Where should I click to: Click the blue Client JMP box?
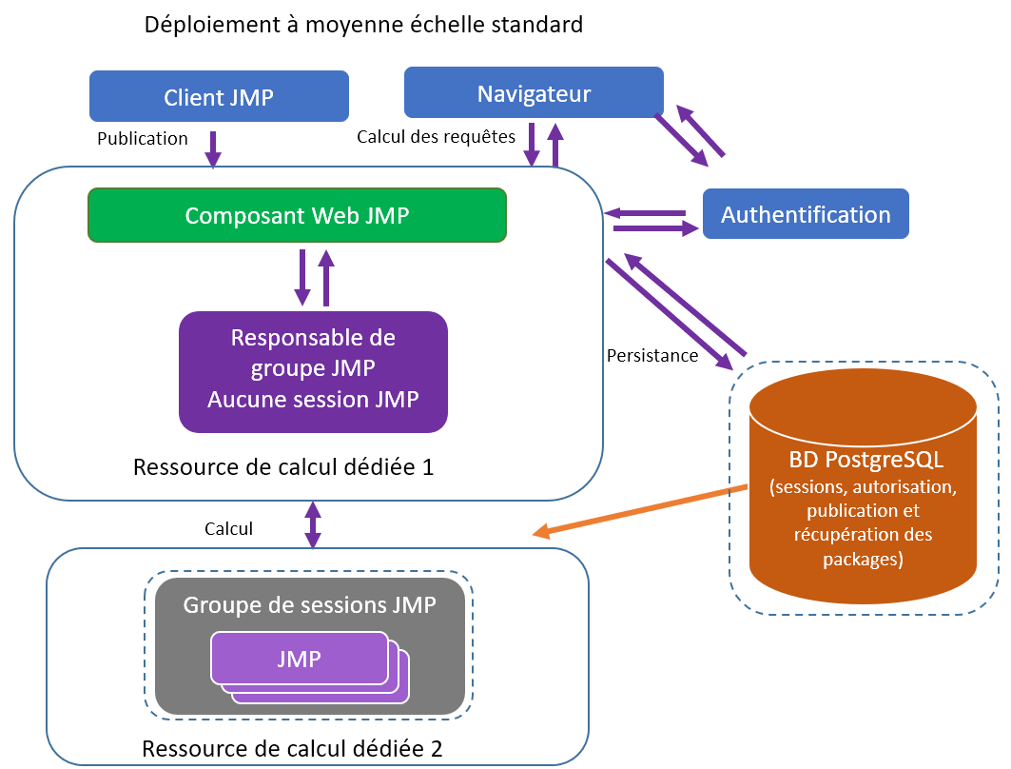[x=219, y=97]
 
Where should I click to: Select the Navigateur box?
[x=534, y=93]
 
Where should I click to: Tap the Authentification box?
[x=806, y=214]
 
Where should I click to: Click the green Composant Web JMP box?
[x=297, y=215]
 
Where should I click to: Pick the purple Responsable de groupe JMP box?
[x=313, y=368]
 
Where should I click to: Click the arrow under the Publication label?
[x=213, y=148]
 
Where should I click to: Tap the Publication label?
[x=143, y=139]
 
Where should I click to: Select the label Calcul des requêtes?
[x=436, y=137]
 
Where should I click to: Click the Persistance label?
[x=652, y=356]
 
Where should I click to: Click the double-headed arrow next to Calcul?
[x=312, y=524]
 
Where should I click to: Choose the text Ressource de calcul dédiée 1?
[x=284, y=468]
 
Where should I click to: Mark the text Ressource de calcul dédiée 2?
[x=292, y=748]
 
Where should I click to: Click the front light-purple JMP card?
[x=299, y=659]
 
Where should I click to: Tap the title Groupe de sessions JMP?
[x=309, y=605]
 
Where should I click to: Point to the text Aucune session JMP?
[x=313, y=399]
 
